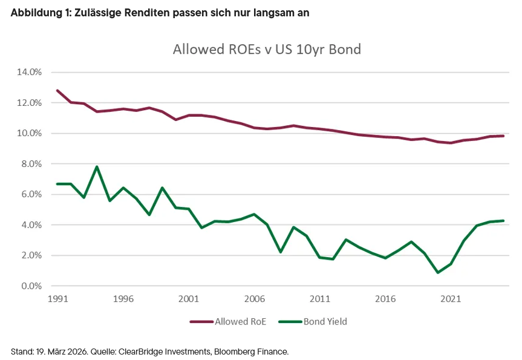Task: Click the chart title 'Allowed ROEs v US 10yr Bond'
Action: pos(267,49)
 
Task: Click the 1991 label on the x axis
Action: pos(57,299)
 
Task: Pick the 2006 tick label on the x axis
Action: pos(254,299)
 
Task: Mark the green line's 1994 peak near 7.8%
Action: pos(97,166)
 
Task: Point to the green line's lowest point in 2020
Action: pos(438,273)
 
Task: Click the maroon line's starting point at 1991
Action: pos(57,90)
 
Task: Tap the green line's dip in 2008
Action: pos(281,252)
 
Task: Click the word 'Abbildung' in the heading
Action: pos(33,13)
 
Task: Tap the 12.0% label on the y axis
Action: pos(30,103)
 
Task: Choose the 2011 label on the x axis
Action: pos(320,299)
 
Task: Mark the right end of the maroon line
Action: pos(503,136)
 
